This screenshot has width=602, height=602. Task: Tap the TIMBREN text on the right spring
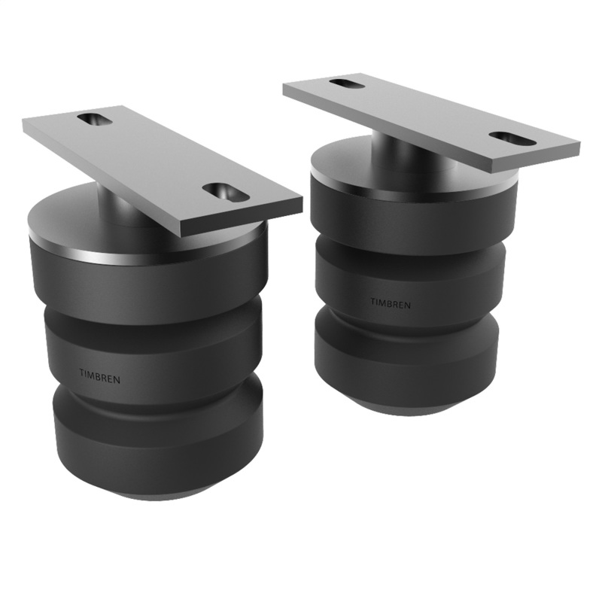[391, 303]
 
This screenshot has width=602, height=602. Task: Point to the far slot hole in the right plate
[346, 83]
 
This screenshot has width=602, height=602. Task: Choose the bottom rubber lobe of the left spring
[158, 444]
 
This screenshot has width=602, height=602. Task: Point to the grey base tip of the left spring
[162, 494]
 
